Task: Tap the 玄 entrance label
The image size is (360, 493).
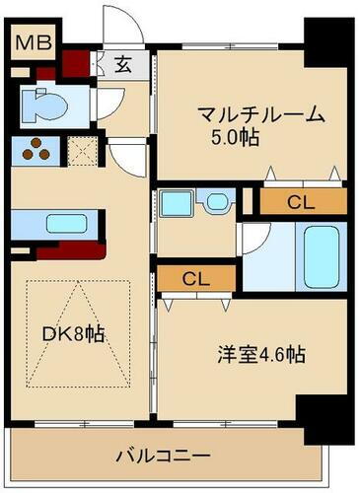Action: pyautogui.click(x=124, y=66)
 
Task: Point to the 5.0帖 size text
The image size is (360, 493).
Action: pyautogui.click(x=235, y=137)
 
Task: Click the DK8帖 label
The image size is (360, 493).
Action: pyautogui.click(x=73, y=332)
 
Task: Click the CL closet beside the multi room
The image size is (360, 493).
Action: pyautogui.click(x=301, y=202)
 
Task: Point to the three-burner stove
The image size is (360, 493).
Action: pyautogui.click(x=36, y=151)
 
